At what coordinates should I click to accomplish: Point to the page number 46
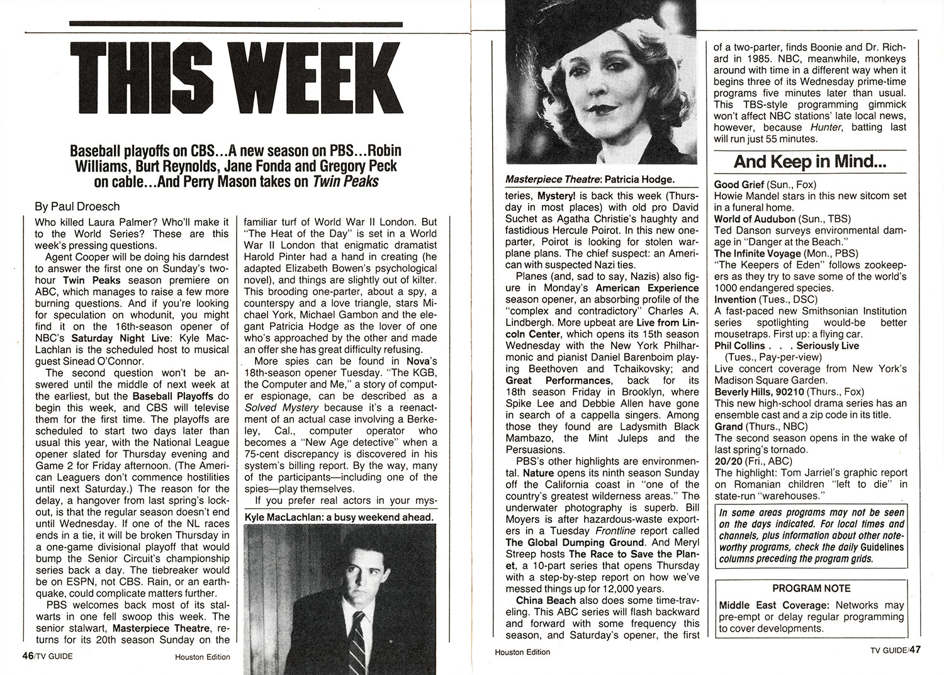[27, 655]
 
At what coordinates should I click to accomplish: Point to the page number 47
[914, 650]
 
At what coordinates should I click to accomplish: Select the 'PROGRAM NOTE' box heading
[811, 588]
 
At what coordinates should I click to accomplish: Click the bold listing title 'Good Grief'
[739, 184]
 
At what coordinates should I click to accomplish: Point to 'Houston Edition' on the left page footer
[203, 657]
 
